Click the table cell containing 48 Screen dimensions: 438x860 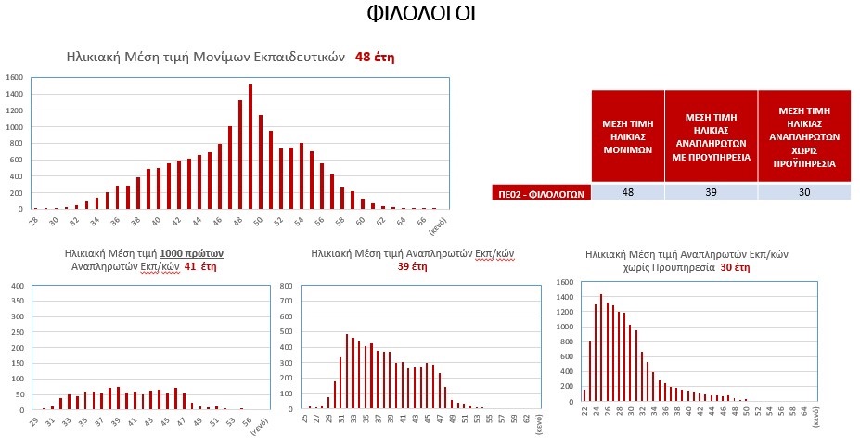[x=628, y=192]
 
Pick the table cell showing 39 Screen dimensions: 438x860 [x=711, y=192]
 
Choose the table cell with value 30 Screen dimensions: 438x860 [x=803, y=192]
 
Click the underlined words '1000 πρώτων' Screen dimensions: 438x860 [x=192, y=252]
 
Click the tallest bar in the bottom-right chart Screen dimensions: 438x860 [x=601, y=347]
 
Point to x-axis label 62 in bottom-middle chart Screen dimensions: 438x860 [x=526, y=419]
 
